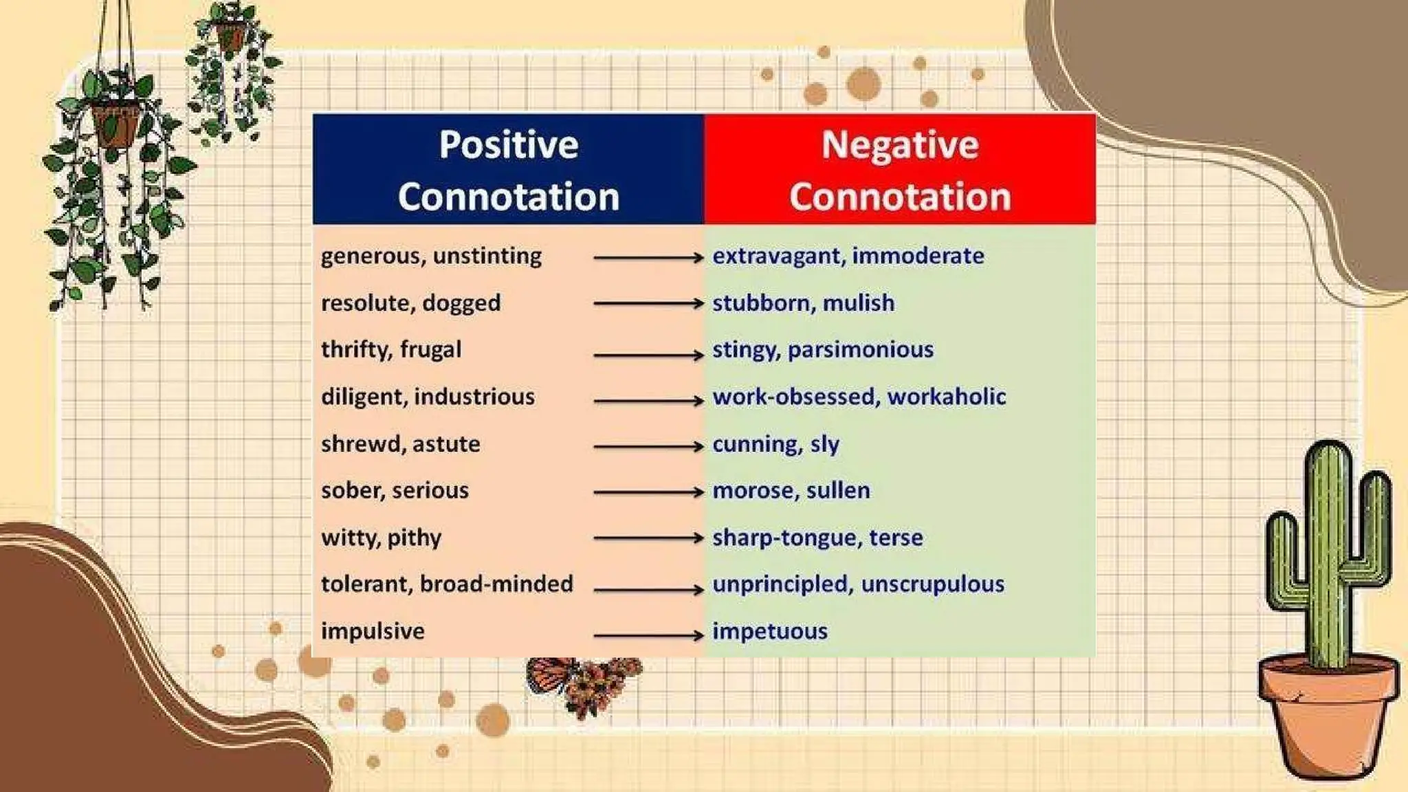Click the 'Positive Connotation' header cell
pyautogui.click(x=508, y=170)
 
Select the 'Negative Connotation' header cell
pyautogui.click(x=900, y=170)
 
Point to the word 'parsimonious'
pyautogui.click(x=861, y=350)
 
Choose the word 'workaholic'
pyautogui.click(x=947, y=397)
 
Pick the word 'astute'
pyautogui.click(x=446, y=444)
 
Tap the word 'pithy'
pyautogui.click(x=414, y=538)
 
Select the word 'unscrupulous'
pyautogui.click(x=932, y=584)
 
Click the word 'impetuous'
pyautogui.click(x=770, y=631)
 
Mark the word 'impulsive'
pyautogui.click(x=373, y=631)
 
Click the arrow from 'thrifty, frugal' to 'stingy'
pyautogui.click(x=648, y=355)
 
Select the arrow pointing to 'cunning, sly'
pyautogui.click(x=648, y=447)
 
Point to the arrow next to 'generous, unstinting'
pyautogui.click(x=648, y=258)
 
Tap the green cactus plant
pyautogui.click(x=1328, y=550)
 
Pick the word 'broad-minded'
pyautogui.click(x=496, y=584)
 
